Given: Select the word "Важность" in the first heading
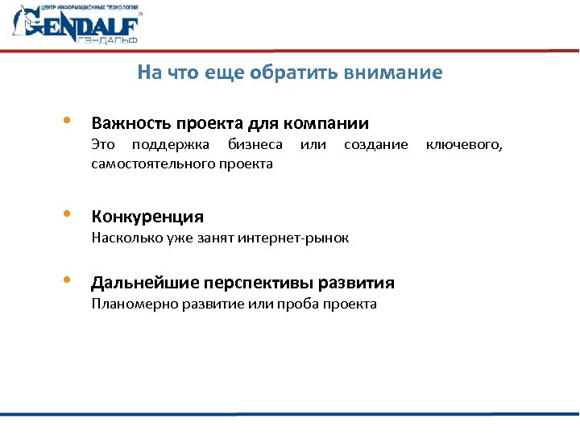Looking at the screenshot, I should click(x=124, y=124).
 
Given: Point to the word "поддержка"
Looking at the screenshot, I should click(x=169, y=145).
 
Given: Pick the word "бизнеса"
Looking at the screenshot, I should click(x=255, y=145).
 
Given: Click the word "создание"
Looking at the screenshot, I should click(x=376, y=145).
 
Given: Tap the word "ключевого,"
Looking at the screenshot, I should click(x=464, y=145).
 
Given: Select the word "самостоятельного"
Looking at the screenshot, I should click(x=152, y=164).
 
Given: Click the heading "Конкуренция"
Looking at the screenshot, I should click(x=147, y=217).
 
